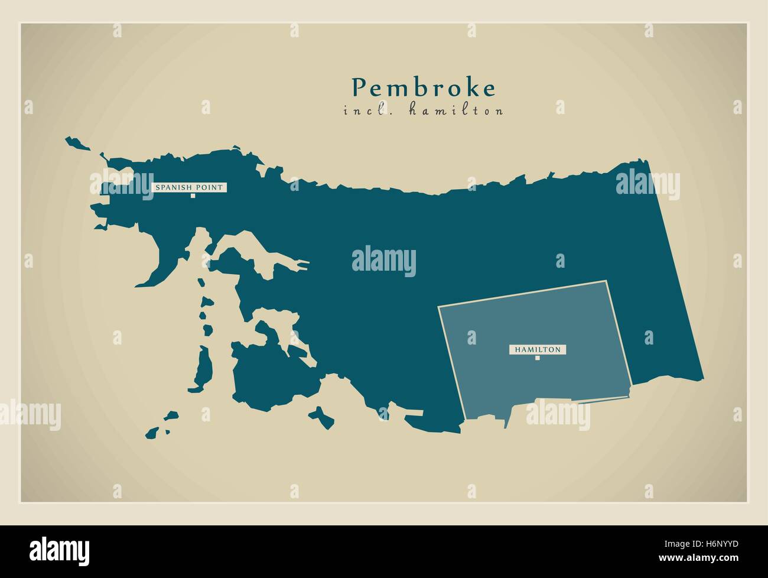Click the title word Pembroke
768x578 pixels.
pyautogui.click(x=424, y=88)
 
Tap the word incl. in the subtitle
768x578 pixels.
pyautogui.click(x=362, y=111)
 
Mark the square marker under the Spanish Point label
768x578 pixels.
pyautogui.click(x=193, y=196)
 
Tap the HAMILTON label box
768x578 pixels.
pyautogui.click(x=537, y=349)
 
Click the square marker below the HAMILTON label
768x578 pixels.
pyautogui.click(x=537, y=358)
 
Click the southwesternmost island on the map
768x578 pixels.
pyautogui.click(x=155, y=432)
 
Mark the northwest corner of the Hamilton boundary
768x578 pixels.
pyautogui.click(x=439, y=307)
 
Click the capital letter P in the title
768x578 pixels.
pyautogui.click(x=358, y=88)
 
